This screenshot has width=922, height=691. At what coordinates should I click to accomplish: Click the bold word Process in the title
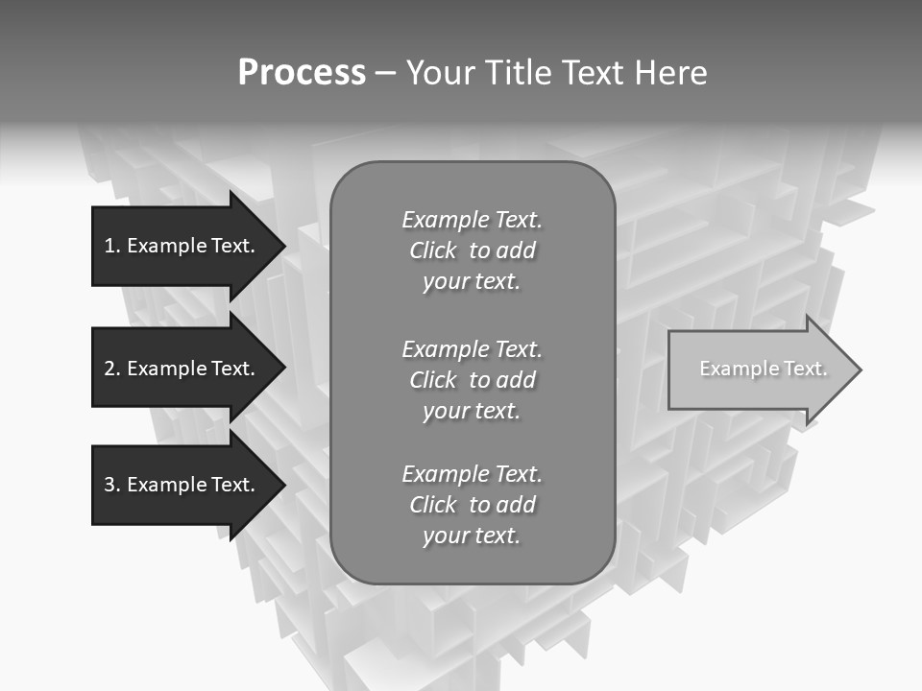pos(302,73)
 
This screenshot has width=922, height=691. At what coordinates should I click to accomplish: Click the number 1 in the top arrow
pos(109,246)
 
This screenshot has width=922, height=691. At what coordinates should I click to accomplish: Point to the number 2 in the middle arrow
pos(109,369)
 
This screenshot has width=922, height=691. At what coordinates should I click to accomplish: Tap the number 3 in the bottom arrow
pos(109,485)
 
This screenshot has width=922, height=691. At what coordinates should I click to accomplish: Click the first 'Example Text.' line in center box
pos(472,220)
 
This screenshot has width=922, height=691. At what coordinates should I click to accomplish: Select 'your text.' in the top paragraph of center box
pos(472,282)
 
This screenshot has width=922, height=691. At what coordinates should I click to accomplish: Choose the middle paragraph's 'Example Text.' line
pos(472,349)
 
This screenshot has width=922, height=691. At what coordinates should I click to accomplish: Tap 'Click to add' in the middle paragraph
pos(472,380)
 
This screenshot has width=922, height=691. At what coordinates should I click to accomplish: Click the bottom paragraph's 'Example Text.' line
pos(472,474)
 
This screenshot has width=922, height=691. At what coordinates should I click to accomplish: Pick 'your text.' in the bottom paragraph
pos(472,536)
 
